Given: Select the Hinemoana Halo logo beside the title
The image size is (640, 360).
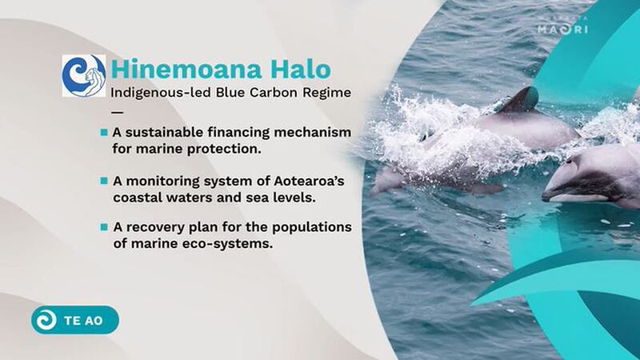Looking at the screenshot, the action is tap(84, 75).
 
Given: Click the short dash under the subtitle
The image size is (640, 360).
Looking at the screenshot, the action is tap(117, 112).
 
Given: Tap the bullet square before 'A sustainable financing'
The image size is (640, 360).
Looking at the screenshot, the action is tap(104, 132).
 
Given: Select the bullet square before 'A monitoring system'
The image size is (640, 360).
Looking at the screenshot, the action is tap(104, 181).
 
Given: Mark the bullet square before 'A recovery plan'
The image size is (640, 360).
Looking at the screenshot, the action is tap(104, 227).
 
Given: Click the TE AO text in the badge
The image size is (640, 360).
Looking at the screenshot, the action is tap(83, 321).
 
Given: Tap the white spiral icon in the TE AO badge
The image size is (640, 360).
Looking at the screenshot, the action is tap(46, 320).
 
